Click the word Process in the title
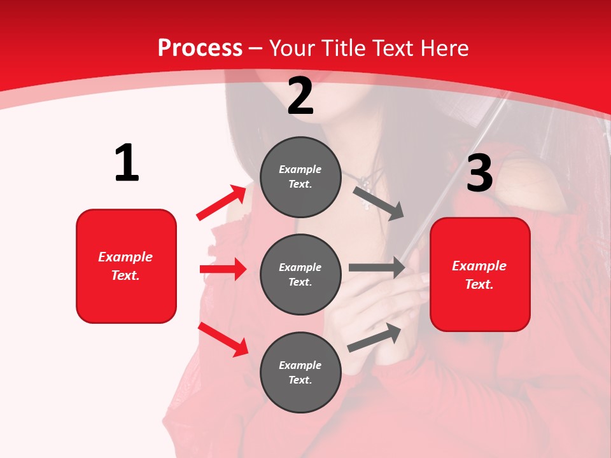point(200,48)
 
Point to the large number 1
point(127,163)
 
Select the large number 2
point(300,96)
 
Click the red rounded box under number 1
point(126,266)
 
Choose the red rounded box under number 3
point(480,275)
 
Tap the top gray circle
point(300,177)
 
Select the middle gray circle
point(300,275)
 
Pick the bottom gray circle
point(300,373)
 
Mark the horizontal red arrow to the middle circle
point(223,269)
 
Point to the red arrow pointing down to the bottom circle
point(223,339)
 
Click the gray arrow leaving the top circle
point(379,203)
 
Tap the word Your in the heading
point(292,48)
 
